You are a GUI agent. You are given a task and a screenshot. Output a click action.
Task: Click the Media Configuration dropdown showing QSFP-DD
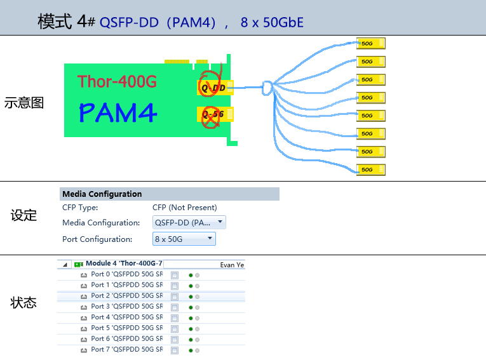[189, 223]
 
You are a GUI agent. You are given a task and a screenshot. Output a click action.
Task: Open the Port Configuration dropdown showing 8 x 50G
[184, 239]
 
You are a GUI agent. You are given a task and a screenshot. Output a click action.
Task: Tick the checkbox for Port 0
[175, 275]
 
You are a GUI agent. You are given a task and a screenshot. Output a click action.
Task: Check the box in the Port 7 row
[175, 350]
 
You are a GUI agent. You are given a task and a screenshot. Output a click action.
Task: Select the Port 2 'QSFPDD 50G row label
[126, 296]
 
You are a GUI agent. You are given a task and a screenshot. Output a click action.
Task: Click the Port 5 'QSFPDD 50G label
[126, 328]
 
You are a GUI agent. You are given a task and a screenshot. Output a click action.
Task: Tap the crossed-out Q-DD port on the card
[213, 87]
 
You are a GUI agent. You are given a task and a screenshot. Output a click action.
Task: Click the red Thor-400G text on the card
[117, 81]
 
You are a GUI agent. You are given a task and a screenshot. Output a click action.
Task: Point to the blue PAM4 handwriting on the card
[118, 112]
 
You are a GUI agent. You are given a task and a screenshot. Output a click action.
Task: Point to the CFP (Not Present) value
[184, 208]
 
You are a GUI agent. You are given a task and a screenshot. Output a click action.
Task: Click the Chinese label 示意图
[24, 103]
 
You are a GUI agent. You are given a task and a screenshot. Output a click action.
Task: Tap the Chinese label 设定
[24, 216]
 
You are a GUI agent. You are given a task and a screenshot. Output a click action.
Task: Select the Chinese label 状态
[24, 303]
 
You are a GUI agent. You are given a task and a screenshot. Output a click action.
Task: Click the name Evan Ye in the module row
[232, 265]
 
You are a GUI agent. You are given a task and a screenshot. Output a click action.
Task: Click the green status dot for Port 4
[191, 318]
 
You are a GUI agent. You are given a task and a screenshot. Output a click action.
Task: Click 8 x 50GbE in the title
[272, 23]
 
